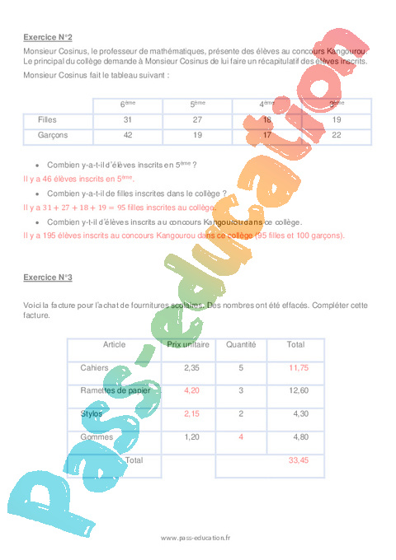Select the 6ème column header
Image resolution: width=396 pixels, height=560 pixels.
(128, 105)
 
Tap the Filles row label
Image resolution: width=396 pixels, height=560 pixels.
(47, 120)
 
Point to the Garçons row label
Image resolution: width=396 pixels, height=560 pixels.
(52, 134)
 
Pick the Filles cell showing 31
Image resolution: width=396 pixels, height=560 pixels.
(128, 120)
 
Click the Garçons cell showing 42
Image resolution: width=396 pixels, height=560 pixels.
(128, 134)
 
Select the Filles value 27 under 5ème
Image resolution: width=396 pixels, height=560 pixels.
(197, 120)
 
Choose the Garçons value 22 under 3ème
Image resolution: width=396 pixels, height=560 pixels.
(337, 134)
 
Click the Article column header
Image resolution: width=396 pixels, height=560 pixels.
(114, 344)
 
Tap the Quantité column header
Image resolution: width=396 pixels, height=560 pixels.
(241, 344)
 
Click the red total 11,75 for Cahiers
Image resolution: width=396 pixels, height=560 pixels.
(298, 367)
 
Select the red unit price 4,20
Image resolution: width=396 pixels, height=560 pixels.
(191, 390)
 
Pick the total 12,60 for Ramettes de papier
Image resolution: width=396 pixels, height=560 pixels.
(298, 390)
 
